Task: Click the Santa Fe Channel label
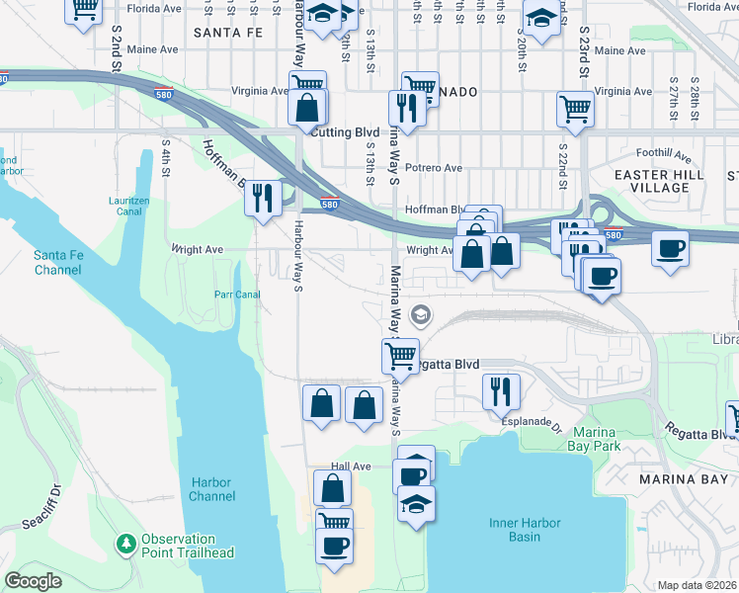(x=57, y=262)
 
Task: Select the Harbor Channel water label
(x=212, y=489)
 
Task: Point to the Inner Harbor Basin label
(x=525, y=530)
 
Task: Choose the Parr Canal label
(x=236, y=294)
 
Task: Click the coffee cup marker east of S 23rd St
(x=670, y=246)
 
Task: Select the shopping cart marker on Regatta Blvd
(x=401, y=354)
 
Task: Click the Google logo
(x=34, y=581)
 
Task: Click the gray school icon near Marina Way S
(x=421, y=315)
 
